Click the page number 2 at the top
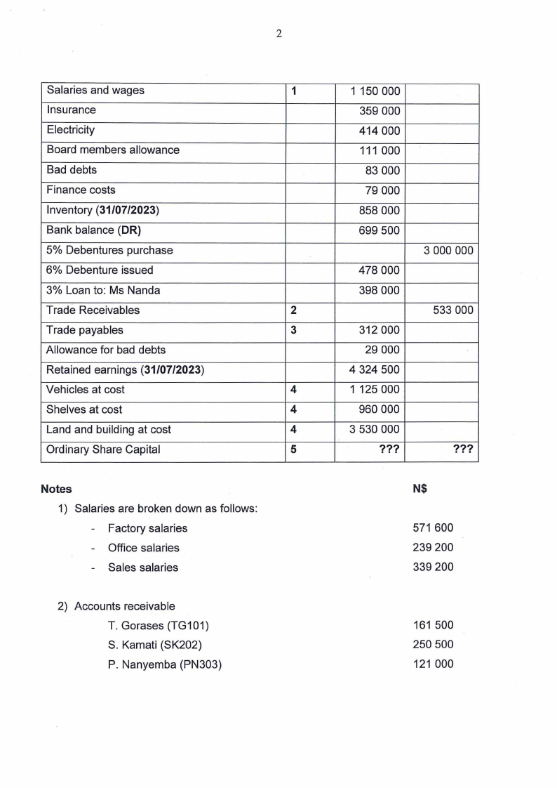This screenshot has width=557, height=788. pos(278,33)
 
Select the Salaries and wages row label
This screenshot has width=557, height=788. pos(95,91)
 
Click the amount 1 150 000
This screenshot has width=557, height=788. pos(375,91)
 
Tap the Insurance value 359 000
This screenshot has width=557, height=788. pos(380,111)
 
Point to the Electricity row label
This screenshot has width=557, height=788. pos(71,131)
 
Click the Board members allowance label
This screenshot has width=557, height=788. pos(113,150)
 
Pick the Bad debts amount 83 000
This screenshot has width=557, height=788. pos(383,171)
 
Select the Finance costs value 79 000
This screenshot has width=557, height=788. pos(383,190)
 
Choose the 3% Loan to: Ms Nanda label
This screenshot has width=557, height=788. pos(94,290)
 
